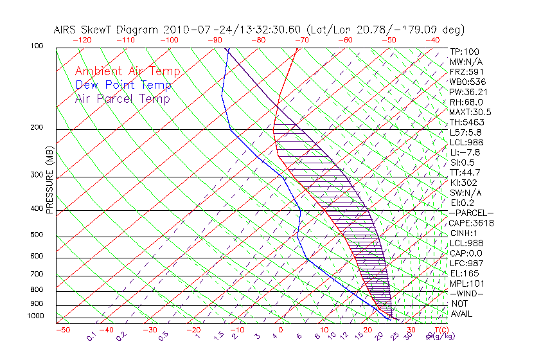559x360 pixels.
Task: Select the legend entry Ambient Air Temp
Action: click(x=127, y=72)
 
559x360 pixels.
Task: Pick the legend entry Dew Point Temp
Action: click(x=123, y=85)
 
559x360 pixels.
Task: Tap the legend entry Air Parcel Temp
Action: click(x=123, y=99)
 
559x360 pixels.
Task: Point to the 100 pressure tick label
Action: click(x=37, y=46)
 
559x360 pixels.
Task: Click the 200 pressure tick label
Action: click(x=37, y=127)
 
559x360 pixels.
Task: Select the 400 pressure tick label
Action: click(x=37, y=209)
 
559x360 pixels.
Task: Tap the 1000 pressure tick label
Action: click(x=35, y=316)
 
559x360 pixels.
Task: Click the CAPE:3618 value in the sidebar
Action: click(x=470, y=223)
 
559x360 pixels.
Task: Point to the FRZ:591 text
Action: click(x=465, y=72)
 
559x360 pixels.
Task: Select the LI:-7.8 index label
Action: click(x=464, y=152)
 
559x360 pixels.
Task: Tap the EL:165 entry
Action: click(x=462, y=273)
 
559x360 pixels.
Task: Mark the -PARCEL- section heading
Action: click(x=470, y=213)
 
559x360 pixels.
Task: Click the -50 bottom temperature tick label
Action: click(x=62, y=330)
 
